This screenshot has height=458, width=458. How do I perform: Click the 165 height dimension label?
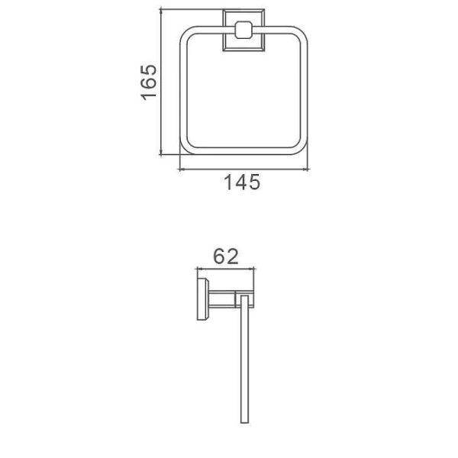149,82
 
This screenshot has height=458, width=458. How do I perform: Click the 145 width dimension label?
242,182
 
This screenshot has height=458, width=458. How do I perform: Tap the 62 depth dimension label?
226,256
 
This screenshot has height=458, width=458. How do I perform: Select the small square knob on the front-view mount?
244,30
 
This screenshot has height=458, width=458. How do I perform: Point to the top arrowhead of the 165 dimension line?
161,11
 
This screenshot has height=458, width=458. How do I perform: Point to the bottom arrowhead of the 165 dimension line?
161,153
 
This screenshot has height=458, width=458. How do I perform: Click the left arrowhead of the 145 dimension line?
182,169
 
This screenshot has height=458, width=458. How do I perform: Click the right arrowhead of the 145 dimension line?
305,169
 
